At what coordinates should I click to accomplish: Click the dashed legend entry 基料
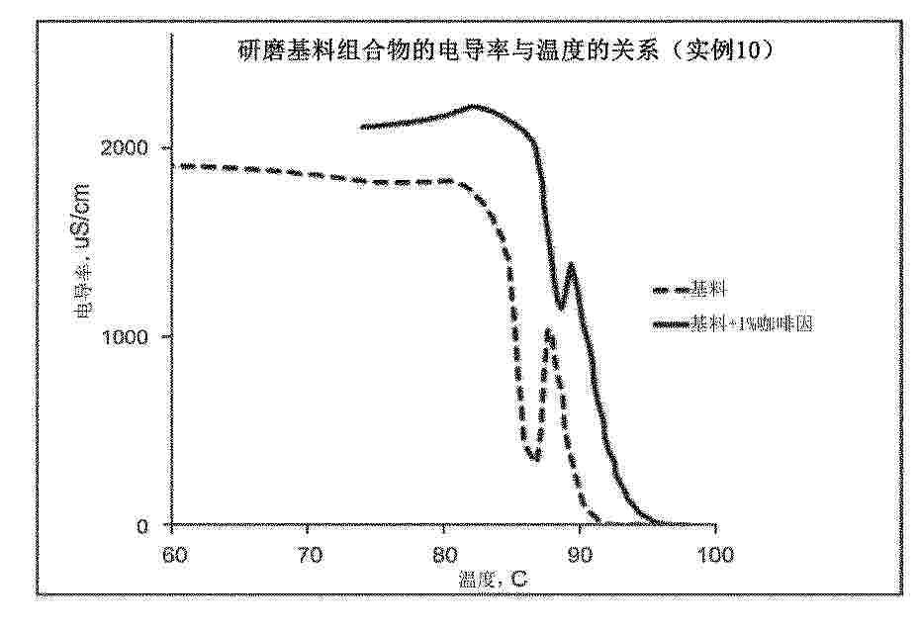(x=692, y=290)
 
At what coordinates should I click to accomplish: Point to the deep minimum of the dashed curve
(x=535, y=458)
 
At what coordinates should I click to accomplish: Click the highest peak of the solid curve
(x=474, y=106)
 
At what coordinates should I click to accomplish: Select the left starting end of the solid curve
(x=362, y=127)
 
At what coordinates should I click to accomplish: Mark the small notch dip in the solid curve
(x=561, y=308)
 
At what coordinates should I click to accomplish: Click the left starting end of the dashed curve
(x=175, y=165)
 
